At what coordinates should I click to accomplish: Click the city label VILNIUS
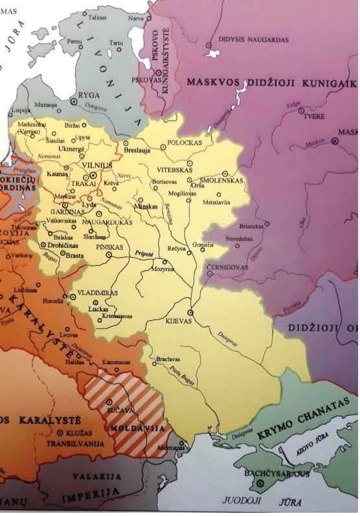point(95,166)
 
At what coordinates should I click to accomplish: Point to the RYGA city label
point(89,95)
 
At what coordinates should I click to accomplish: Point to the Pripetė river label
point(144,254)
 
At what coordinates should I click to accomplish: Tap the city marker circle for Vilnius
point(94,175)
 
